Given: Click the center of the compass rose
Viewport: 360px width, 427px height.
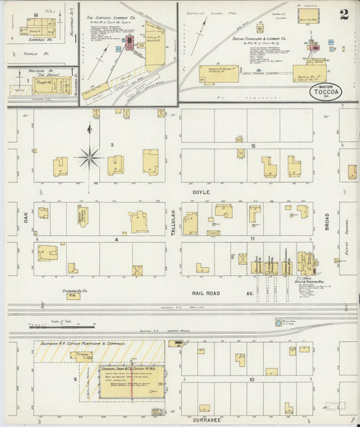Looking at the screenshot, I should (89, 157).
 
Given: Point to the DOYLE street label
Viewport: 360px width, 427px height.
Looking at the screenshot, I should (203, 193).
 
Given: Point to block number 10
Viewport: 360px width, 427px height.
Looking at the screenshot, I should (251, 380).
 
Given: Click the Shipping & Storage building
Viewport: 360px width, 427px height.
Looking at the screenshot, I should (219, 74).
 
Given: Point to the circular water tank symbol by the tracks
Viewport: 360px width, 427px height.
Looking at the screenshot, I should (279, 322).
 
